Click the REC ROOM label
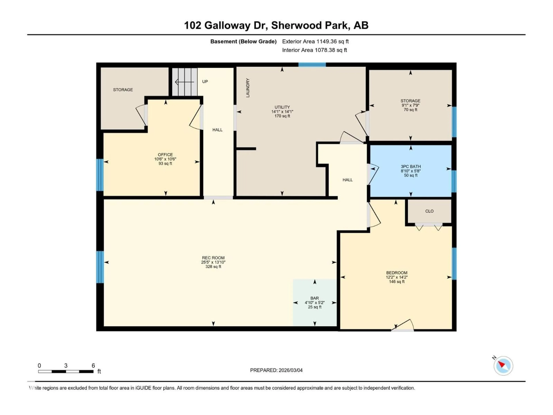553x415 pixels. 213,258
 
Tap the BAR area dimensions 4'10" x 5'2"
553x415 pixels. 315,302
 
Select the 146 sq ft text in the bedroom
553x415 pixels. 396,282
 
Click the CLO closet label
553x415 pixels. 429,211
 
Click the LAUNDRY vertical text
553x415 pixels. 248,88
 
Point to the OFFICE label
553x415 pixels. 165,155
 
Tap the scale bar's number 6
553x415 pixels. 93,365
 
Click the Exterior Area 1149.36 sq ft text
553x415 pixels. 315,41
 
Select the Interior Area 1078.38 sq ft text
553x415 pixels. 314,50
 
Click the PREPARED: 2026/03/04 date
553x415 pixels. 276,370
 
